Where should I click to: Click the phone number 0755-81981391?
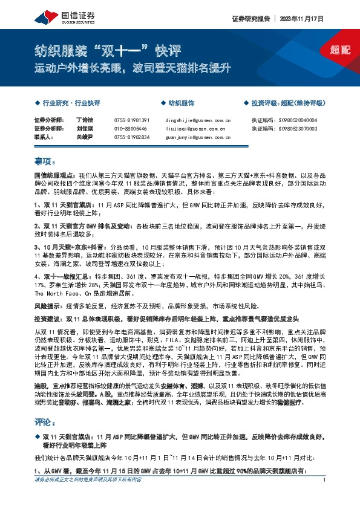point(131,120)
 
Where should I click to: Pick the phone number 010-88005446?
point(130,129)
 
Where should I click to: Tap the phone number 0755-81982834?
point(131,137)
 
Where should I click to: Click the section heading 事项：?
point(45,162)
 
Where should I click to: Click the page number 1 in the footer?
point(325,497)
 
